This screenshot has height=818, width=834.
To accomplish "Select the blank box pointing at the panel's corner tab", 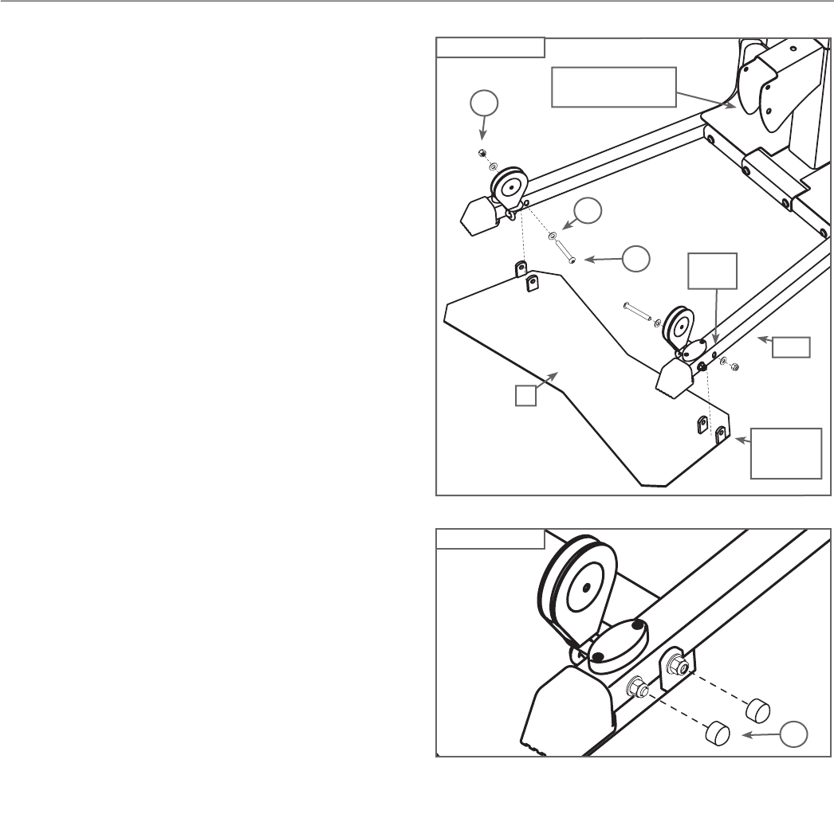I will point(786,452).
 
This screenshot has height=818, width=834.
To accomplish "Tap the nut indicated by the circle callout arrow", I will point(482,153).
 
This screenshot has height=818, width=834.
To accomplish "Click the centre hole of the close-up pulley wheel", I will point(587,587).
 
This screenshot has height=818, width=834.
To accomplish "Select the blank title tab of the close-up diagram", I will point(490,538).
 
